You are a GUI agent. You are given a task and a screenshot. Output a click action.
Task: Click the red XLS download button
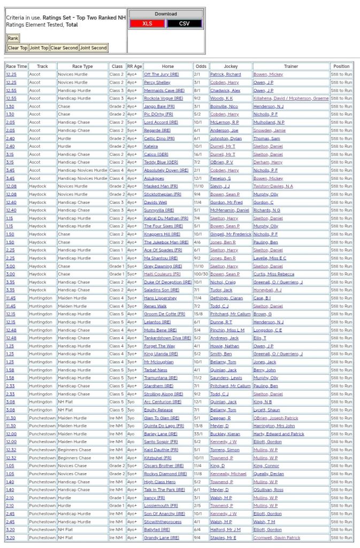(x=147, y=24)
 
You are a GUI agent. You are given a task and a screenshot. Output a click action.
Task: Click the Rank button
(x=13, y=38)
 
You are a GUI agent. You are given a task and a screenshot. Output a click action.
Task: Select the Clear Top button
(x=18, y=48)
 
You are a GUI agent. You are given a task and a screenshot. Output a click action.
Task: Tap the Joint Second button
(x=94, y=48)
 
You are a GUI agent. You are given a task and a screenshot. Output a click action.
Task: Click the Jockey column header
(x=231, y=66)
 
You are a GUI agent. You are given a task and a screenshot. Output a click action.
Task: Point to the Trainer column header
(x=291, y=66)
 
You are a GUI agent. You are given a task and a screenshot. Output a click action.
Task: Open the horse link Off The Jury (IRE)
(x=158, y=74)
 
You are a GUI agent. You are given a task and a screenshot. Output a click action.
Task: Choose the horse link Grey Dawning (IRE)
(x=163, y=266)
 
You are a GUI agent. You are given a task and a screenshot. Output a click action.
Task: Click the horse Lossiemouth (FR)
(x=160, y=506)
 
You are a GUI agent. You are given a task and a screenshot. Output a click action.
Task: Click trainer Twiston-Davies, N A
(x=273, y=186)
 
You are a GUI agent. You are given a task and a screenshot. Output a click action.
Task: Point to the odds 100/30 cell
(x=201, y=274)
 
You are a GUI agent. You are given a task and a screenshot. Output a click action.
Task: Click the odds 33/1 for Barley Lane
(x=201, y=433)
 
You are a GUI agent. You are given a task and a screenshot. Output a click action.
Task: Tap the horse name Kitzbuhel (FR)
(x=157, y=458)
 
